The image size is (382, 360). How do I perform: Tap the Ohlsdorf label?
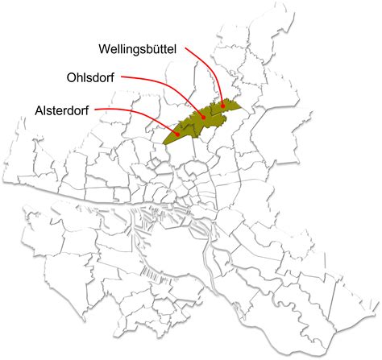(91, 78)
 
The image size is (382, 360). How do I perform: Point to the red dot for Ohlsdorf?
(204, 117)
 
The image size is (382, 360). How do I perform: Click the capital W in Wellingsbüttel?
(106, 48)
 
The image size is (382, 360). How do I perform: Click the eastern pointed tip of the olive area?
(240, 104)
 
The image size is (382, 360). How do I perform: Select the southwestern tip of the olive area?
(164, 143)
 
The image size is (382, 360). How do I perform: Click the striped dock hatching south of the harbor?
(148, 271)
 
